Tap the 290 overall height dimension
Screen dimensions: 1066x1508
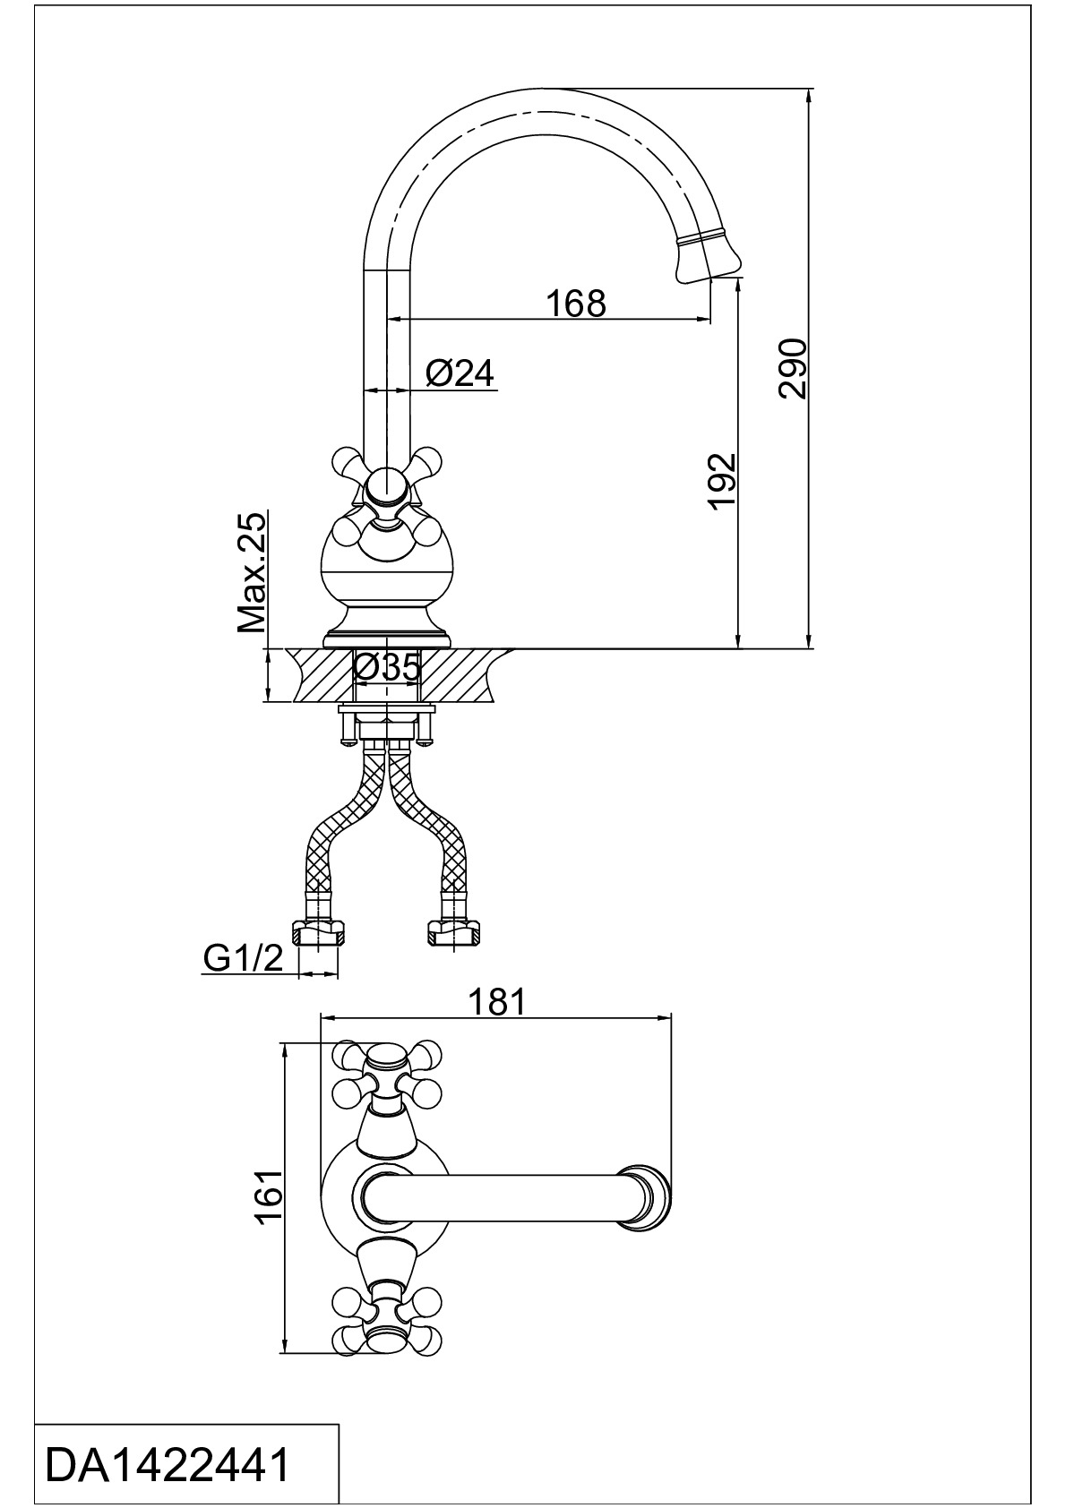click(x=792, y=368)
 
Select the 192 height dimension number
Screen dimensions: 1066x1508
click(x=723, y=482)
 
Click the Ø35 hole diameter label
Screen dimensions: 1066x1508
click(x=386, y=668)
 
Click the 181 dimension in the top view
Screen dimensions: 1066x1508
click(x=497, y=1003)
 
